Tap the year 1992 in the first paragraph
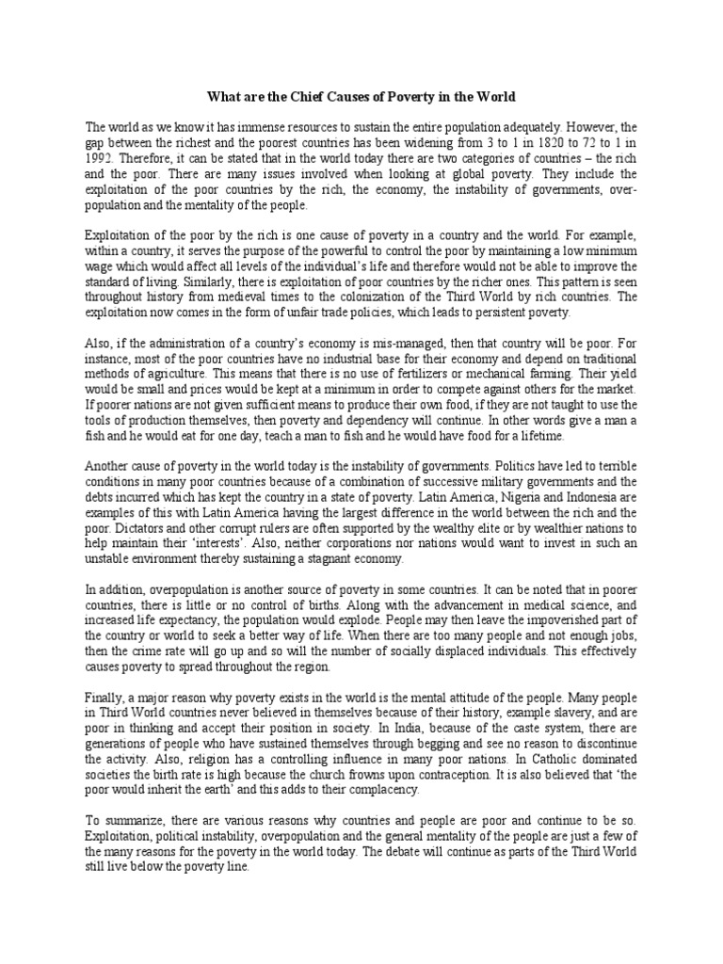pos(100,159)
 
